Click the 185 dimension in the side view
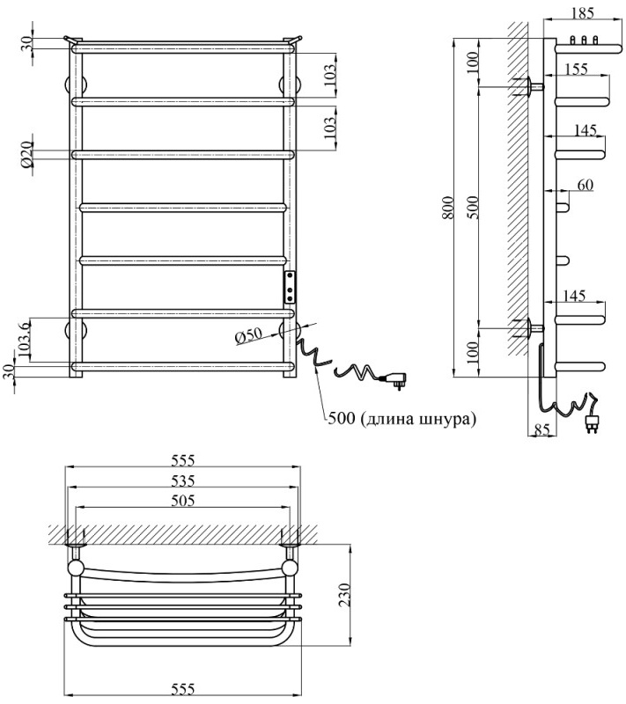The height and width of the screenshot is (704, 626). point(582,13)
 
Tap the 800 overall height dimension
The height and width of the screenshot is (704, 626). point(448,209)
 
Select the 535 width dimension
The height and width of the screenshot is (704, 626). point(182,480)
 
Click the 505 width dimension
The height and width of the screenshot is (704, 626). point(182,500)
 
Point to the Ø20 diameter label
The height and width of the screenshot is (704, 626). point(27,155)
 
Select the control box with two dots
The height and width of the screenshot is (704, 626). point(290,287)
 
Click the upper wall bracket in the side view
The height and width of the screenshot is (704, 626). point(532,85)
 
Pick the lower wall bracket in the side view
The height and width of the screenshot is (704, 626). point(532,327)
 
